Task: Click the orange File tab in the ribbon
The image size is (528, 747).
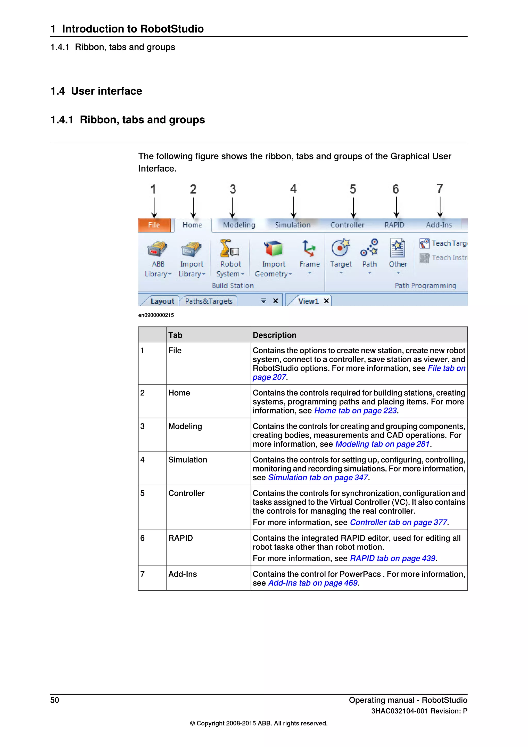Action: pyautogui.click(x=154, y=225)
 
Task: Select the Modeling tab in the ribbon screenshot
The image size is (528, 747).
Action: pyautogui.click(x=239, y=225)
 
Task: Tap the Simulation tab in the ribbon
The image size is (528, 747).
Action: pyautogui.click(x=293, y=225)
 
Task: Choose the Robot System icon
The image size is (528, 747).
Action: pyautogui.click(x=229, y=249)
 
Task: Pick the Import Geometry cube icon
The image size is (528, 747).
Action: pyautogui.click(x=273, y=249)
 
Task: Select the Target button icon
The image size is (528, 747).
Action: pyautogui.click(x=340, y=248)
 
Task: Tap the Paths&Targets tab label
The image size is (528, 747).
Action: pyautogui.click(x=209, y=301)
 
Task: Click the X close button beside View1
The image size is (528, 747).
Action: pyautogui.click(x=326, y=301)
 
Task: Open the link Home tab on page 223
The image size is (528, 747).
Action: pyautogui.click(x=355, y=411)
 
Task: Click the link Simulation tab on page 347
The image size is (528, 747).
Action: pyautogui.click(x=318, y=478)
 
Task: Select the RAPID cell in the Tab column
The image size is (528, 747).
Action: pyautogui.click(x=181, y=538)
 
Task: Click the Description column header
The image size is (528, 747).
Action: pyautogui.click(x=275, y=335)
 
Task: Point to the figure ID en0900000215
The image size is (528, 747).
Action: pyautogui.click(x=156, y=315)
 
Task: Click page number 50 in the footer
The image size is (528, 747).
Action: pyautogui.click(x=55, y=700)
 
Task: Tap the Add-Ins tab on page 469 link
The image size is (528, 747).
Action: pyautogui.click(x=313, y=583)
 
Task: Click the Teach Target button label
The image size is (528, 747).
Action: pyautogui.click(x=449, y=243)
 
